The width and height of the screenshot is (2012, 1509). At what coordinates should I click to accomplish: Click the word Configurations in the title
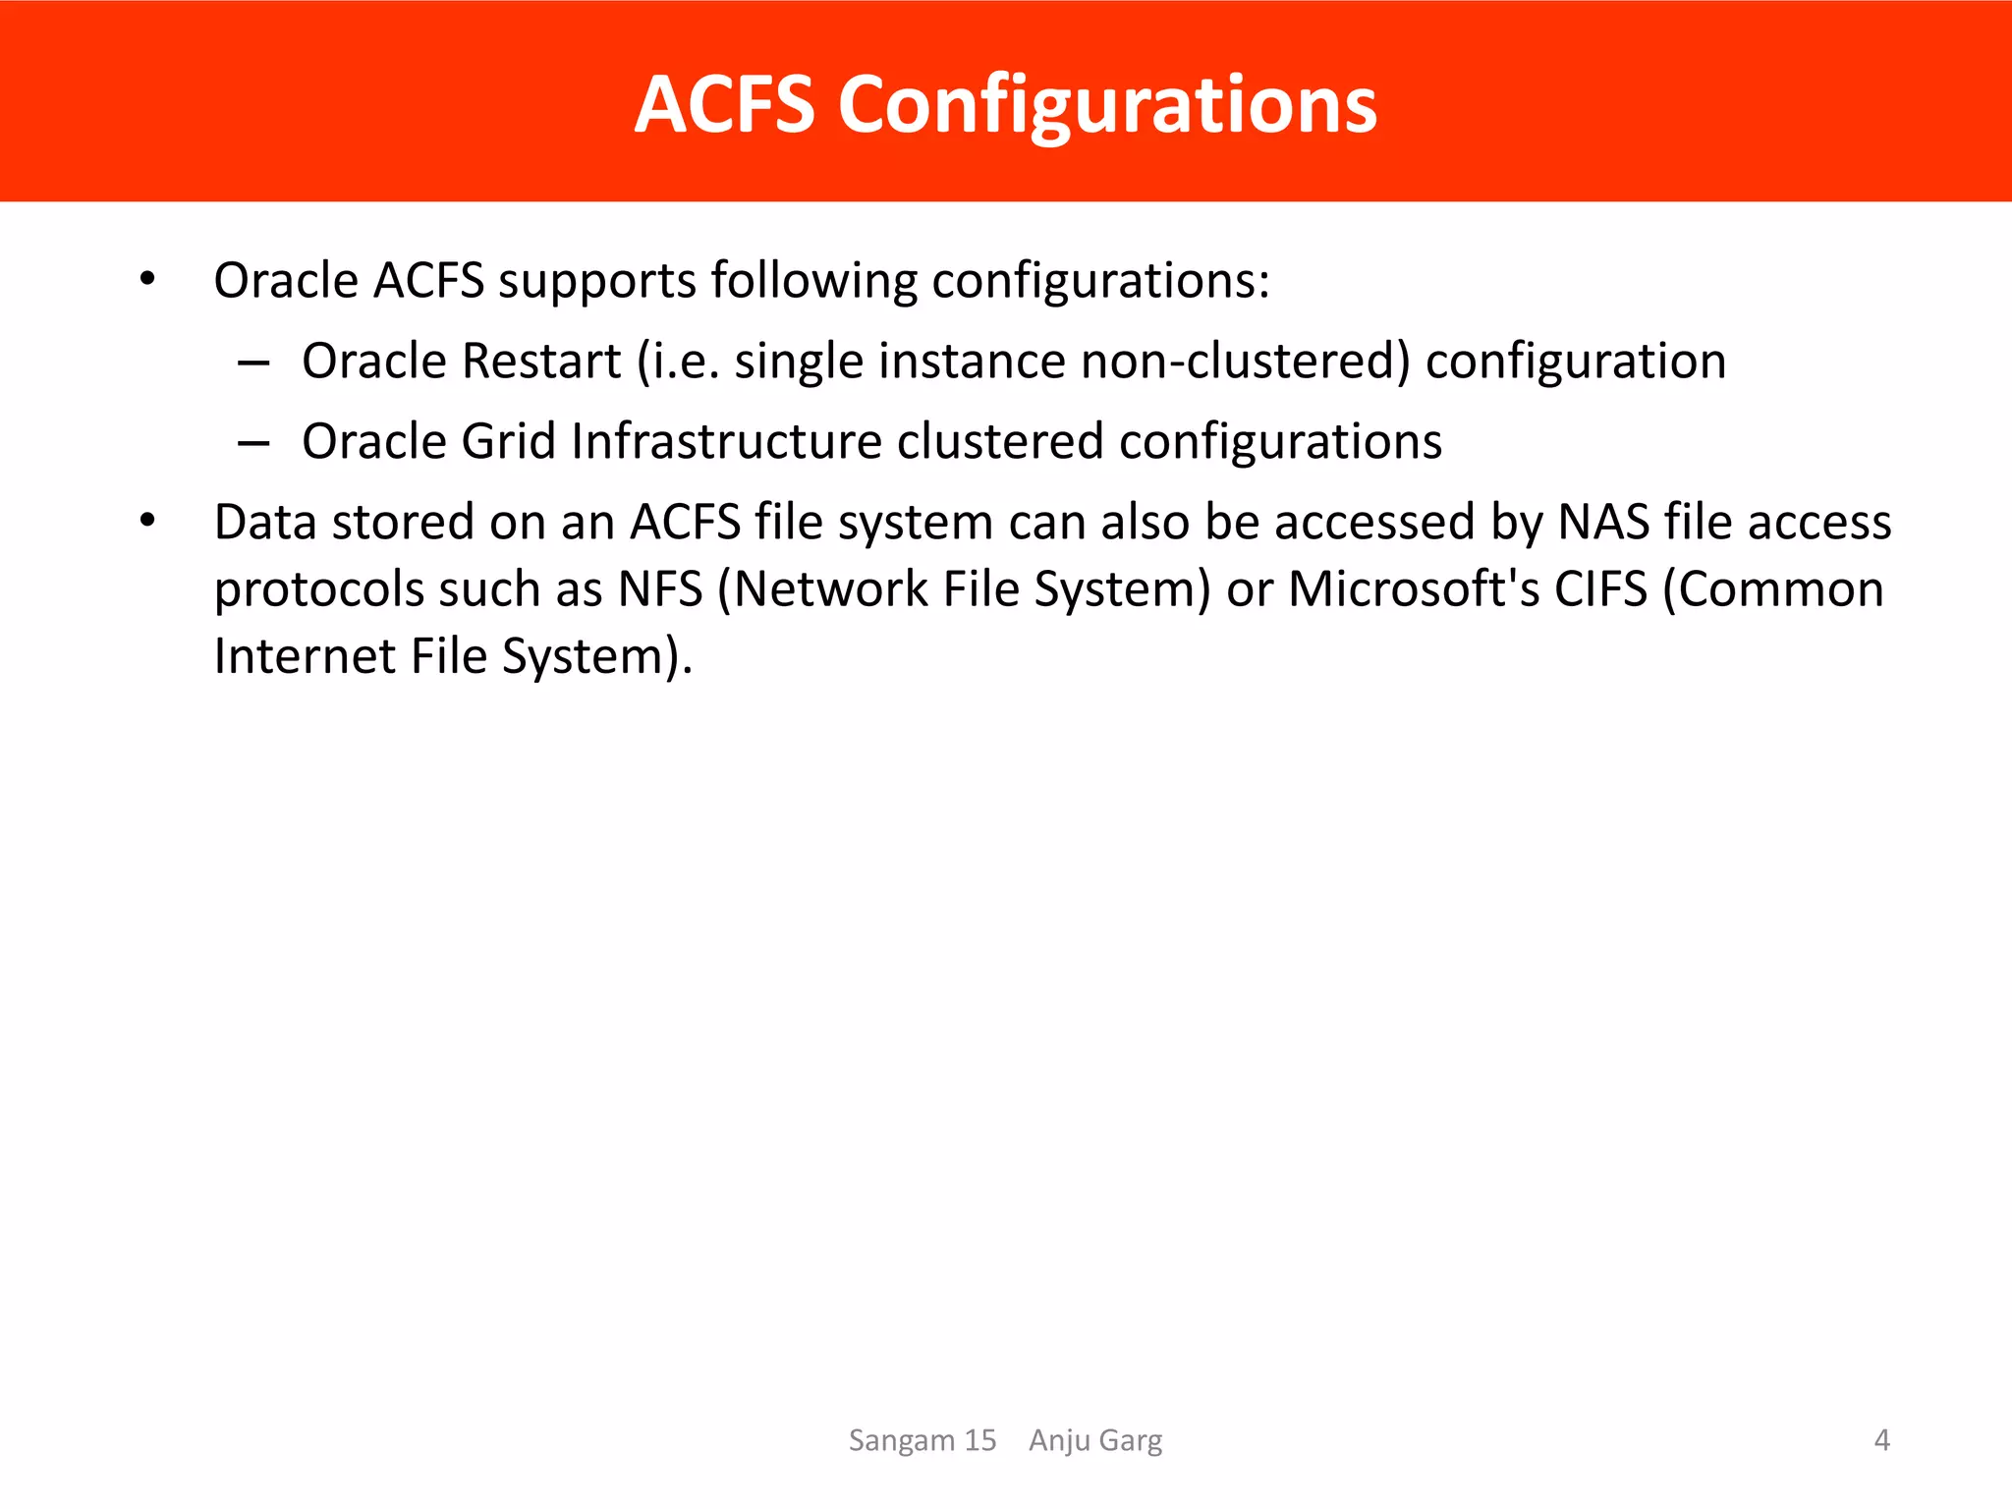[1107, 106]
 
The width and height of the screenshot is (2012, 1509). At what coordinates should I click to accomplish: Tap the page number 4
[1881, 1440]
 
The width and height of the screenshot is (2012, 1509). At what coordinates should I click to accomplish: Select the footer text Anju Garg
[1094, 1440]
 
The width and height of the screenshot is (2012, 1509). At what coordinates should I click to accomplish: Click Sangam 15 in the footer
[922, 1440]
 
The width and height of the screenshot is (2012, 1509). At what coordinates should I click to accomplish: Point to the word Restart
[540, 361]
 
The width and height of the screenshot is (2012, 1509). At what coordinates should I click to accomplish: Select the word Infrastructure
[726, 441]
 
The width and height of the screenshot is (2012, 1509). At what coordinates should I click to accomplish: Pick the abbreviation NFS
[659, 589]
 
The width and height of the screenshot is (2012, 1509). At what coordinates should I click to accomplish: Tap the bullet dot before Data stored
[147, 521]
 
